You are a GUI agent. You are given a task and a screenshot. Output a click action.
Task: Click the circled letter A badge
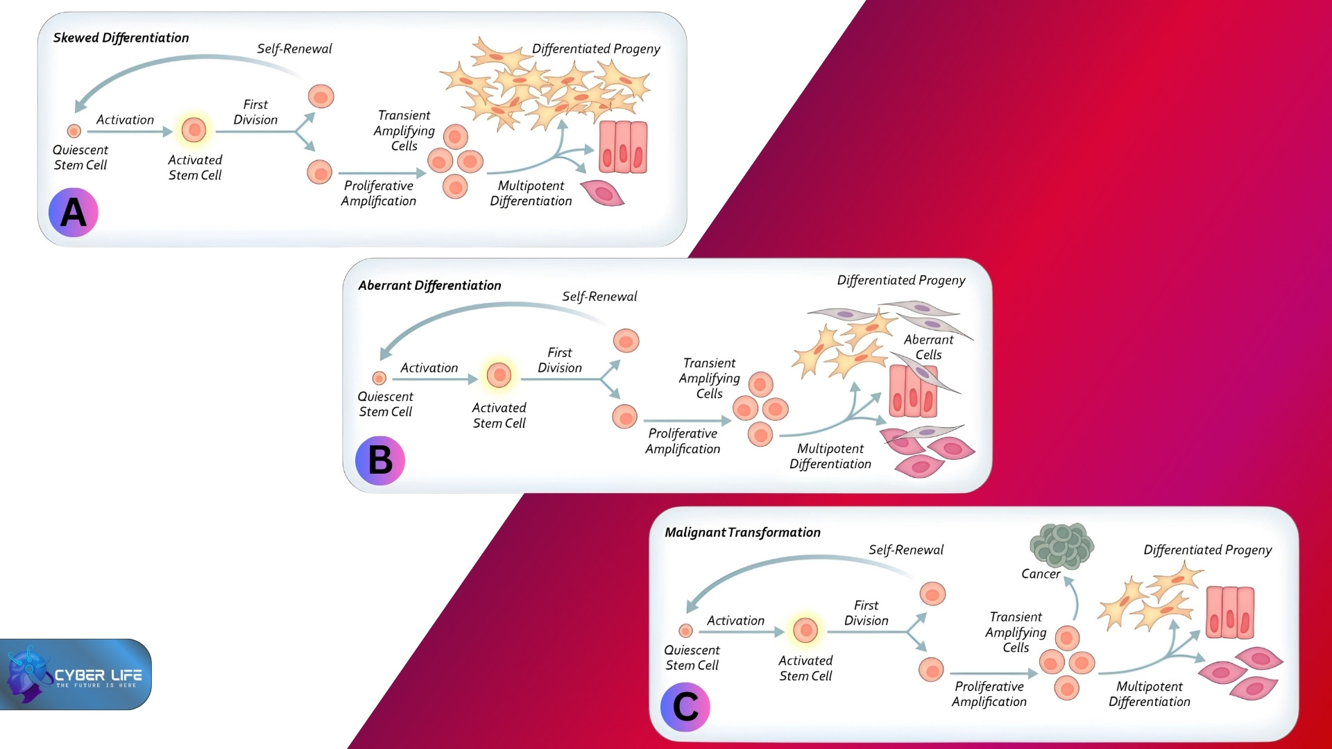(x=73, y=212)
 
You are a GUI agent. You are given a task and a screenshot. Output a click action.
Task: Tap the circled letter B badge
(x=379, y=460)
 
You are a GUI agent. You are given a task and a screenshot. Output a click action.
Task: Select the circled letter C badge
(x=685, y=707)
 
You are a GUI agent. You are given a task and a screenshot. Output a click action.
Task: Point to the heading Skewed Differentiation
(x=121, y=37)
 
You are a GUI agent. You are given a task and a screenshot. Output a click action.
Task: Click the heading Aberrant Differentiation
(x=429, y=285)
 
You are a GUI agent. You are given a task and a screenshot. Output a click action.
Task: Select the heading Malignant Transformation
(x=742, y=532)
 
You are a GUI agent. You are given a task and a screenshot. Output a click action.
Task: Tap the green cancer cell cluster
(x=1061, y=544)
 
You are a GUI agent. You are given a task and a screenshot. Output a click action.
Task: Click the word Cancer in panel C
(x=1040, y=574)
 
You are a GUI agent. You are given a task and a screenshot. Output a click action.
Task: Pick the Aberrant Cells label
(x=928, y=347)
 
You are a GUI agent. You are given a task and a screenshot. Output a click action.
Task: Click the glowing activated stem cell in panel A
(x=194, y=129)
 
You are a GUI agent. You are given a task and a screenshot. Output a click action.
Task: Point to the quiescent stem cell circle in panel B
(x=379, y=378)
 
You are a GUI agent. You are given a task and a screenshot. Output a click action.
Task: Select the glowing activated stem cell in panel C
(x=805, y=630)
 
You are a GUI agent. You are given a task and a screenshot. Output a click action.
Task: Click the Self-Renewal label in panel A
(x=294, y=49)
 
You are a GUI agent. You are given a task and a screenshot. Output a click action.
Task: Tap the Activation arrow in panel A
(x=129, y=131)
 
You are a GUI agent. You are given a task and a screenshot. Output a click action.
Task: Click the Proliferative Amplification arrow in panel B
(x=687, y=420)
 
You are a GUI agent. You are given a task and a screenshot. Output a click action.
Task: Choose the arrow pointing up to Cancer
(x=1073, y=597)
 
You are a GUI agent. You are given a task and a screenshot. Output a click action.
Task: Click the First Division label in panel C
(x=866, y=613)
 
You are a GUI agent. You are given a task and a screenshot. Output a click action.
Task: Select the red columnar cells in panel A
(x=623, y=147)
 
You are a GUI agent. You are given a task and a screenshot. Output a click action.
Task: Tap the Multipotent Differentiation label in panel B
(x=830, y=456)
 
